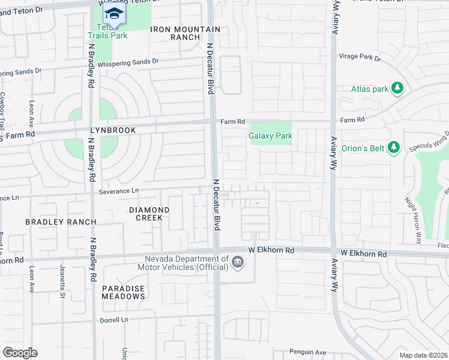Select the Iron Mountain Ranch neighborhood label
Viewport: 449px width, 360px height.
pos(176,33)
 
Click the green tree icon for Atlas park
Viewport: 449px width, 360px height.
pos(397,89)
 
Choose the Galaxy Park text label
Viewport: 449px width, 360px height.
pos(271,136)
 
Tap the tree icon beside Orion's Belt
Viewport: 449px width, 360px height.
pos(394,147)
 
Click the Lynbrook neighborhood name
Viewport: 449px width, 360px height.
pos(113,130)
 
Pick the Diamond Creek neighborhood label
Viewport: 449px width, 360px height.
pos(149,214)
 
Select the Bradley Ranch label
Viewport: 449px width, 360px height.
pos(61,222)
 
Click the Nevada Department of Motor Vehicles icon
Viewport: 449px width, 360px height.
pos(238,262)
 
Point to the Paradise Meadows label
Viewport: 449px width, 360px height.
pos(123,292)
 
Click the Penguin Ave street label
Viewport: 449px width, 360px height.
pos(307,352)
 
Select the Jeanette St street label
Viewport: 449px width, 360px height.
pos(62,282)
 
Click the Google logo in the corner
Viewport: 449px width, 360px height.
pos(20,353)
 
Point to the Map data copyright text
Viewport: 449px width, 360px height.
pos(423,355)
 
